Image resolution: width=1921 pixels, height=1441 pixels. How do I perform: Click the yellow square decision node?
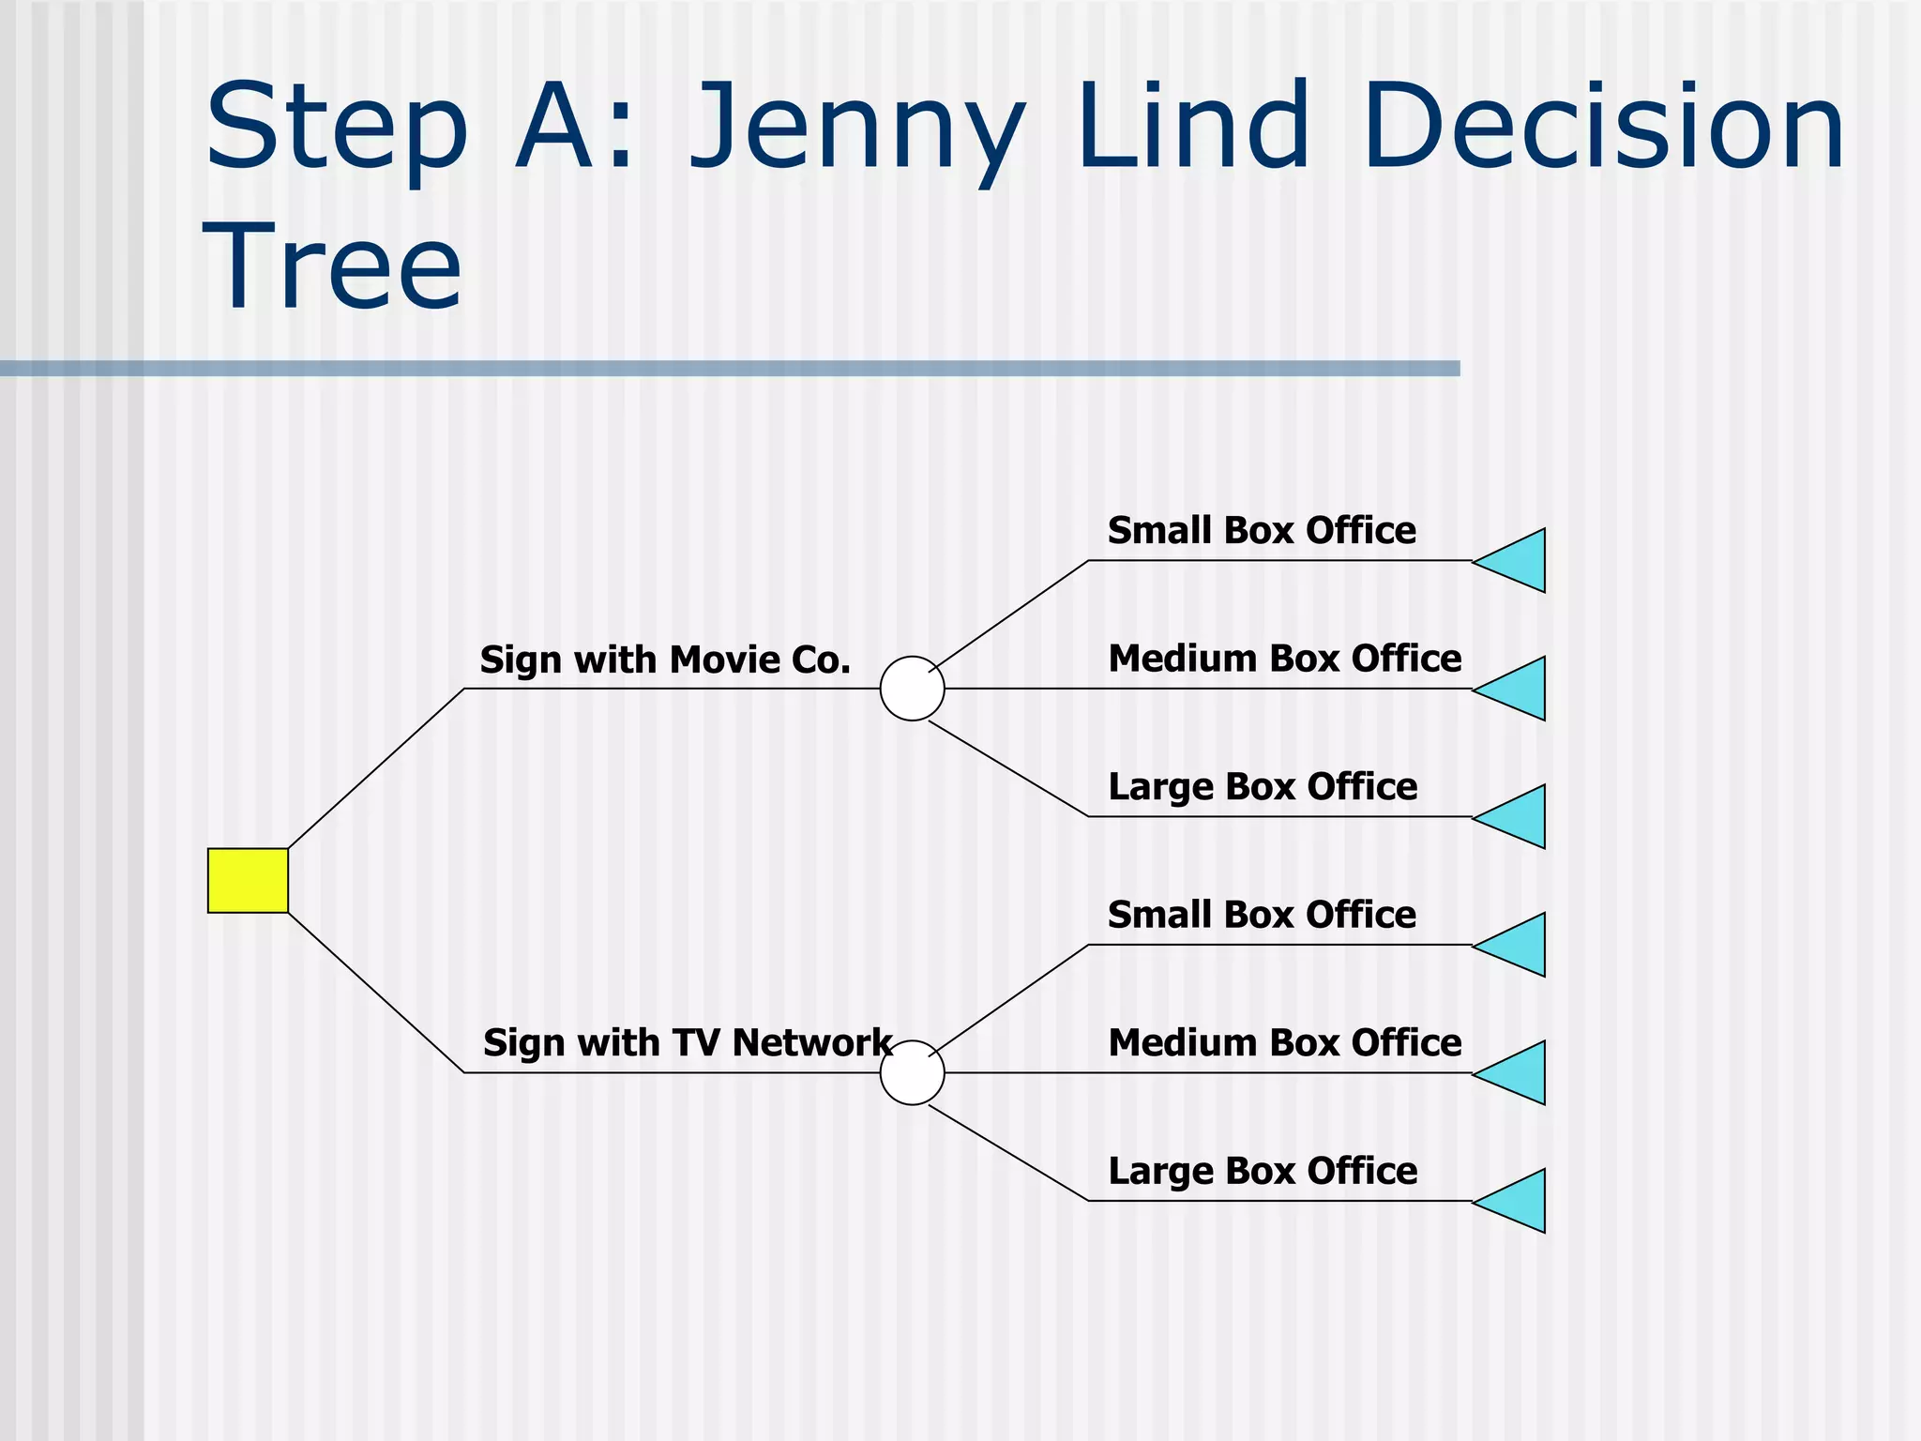[x=248, y=880]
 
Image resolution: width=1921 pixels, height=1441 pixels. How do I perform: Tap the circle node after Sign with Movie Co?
[x=912, y=689]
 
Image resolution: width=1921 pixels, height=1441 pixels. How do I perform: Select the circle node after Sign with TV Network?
[x=912, y=1072]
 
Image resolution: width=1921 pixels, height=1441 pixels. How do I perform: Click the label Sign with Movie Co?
[x=665, y=660]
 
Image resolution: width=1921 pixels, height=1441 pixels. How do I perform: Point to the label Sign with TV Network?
[x=687, y=1043]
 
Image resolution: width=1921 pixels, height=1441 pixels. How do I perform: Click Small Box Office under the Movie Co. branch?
[x=1262, y=531]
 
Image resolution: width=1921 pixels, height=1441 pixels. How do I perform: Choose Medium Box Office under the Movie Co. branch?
[x=1284, y=659]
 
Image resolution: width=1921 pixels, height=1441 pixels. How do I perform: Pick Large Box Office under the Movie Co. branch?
[x=1263, y=787]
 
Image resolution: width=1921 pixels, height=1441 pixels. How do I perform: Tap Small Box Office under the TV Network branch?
[x=1262, y=915]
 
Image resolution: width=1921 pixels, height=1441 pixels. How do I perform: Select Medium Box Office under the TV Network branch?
[x=1284, y=1043]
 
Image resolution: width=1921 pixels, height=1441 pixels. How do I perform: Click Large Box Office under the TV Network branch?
[x=1263, y=1172]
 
